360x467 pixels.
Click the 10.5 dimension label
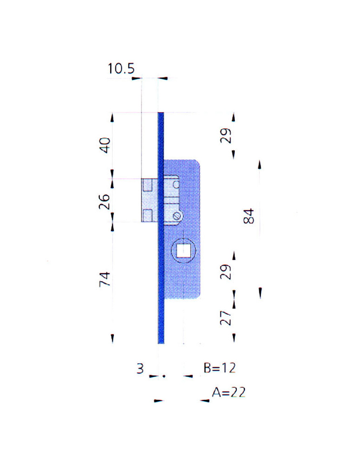121,69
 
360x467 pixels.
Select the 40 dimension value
105,145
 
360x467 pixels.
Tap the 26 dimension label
105,201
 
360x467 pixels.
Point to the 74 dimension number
105,279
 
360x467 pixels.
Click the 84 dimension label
249,216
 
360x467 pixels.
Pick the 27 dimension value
226,318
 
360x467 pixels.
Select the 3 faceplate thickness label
140,368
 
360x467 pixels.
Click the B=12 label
219,368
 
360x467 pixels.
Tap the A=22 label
228,392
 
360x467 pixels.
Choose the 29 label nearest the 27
226,272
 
